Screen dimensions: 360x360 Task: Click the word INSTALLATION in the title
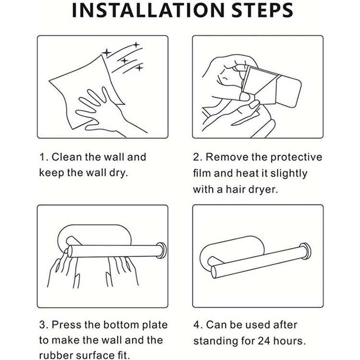pyautogui.click(x=148, y=10)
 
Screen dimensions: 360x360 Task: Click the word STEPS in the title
pyautogui.click(x=262, y=10)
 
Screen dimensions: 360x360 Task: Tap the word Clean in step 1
pyautogui.click(x=67, y=157)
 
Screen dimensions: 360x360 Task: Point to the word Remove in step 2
pyautogui.click(x=227, y=157)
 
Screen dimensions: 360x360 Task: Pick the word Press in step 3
pyautogui.click(x=67, y=324)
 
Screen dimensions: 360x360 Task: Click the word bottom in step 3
pyautogui.click(x=121, y=324)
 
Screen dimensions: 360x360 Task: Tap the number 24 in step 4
pyautogui.click(x=264, y=341)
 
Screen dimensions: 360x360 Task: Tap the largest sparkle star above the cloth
pyautogui.click(x=107, y=53)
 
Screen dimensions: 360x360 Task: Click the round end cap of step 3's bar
pyautogui.click(x=162, y=250)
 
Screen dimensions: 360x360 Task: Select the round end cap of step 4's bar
pyautogui.click(x=306, y=251)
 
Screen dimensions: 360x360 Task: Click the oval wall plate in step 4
pyautogui.click(x=232, y=250)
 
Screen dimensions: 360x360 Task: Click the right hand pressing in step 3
pyautogui.click(x=122, y=271)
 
